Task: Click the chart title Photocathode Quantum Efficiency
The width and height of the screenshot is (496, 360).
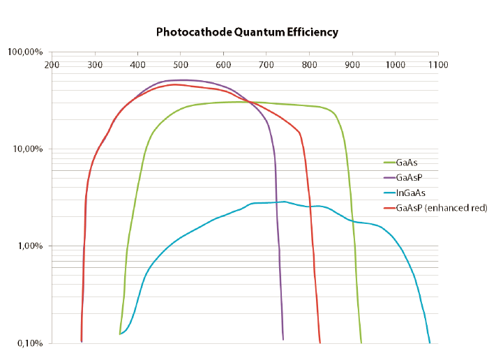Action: click(x=247, y=32)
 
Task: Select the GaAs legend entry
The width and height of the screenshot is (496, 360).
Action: click(x=406, y=162)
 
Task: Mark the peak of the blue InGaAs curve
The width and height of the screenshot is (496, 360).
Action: click(x=284, y=201)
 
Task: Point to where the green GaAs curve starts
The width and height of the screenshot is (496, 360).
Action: click(x=120, y=334)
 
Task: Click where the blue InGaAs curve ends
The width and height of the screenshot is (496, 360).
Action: click(x=430, y=343)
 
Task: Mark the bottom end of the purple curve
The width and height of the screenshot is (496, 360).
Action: click(x=283, y=340)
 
